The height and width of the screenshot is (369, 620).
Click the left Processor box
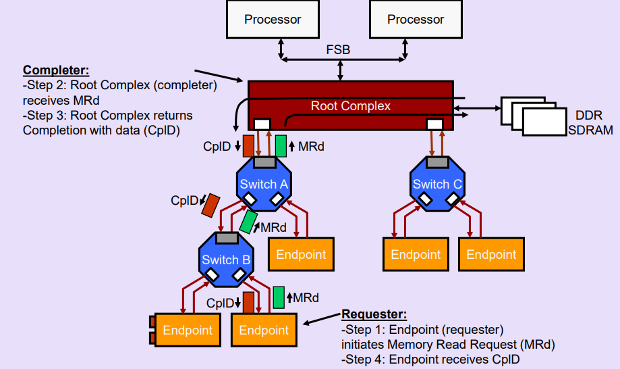pos(273,19)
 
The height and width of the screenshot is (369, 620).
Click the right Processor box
pos(416,19)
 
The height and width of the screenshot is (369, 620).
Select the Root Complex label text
pos(350,106)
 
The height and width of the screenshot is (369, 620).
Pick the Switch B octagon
pos(226,260)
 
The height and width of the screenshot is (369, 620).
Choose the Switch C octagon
pos(438,184)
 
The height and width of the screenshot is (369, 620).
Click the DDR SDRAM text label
pos(590,122)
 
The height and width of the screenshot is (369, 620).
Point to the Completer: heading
pos(56,70)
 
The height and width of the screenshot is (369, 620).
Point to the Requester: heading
pos(374,314)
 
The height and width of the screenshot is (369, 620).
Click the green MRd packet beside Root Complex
pos(281,145)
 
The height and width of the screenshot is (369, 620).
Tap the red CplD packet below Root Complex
pos(248,145)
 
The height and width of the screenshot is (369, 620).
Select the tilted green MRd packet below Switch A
pos(249,221)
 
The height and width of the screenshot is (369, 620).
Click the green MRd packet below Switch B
pos(279,297)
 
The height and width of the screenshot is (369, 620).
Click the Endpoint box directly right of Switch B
pos(301,255)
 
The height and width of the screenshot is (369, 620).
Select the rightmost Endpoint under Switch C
pos(490,255)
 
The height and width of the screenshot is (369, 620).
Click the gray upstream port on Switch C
pos(438,162)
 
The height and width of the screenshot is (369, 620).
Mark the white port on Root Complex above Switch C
pos(435,124)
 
